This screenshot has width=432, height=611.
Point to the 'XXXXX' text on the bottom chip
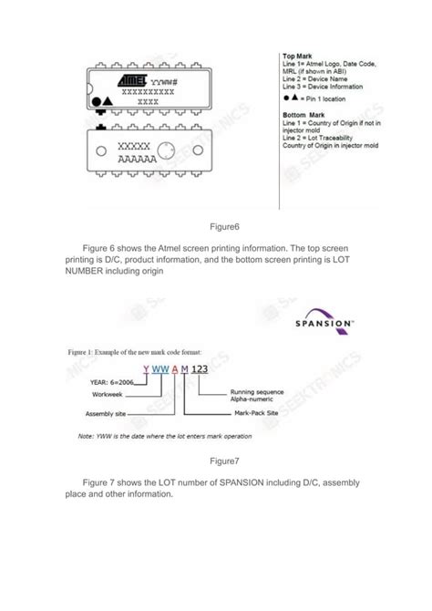pos(134,147)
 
